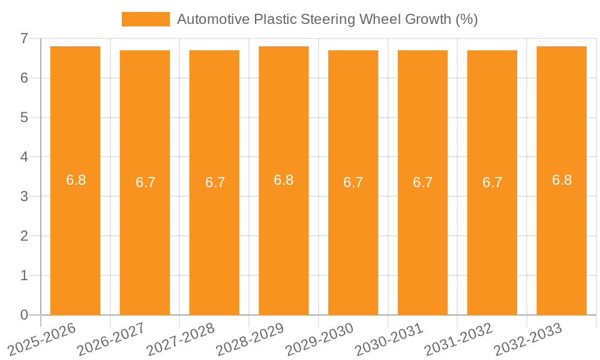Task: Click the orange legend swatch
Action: point(145,19)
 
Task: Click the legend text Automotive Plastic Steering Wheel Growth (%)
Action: point(327,19)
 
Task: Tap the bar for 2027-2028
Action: point(214,240)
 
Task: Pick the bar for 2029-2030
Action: point(353,240)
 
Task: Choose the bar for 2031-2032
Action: point(492,240)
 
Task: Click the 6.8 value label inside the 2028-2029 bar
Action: point(283,180)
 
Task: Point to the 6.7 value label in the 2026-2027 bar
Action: point(145,182)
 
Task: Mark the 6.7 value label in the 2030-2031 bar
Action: point(422,182)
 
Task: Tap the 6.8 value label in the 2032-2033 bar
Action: point(562,180)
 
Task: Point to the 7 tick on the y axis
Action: point(24,38)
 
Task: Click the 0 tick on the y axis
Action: point(24,315)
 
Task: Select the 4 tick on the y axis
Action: point(24,157)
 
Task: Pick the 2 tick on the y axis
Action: point(24,236)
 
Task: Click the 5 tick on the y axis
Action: point(24,118)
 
